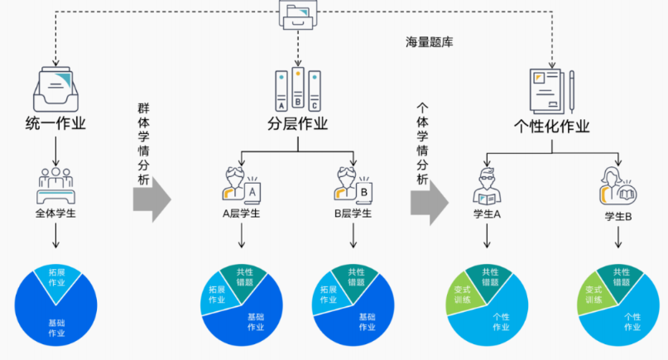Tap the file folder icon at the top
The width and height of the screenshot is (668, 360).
297,14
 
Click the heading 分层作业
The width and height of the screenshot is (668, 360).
297,125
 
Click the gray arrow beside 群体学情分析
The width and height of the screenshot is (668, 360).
155,199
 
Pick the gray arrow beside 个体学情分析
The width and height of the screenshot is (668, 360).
431,199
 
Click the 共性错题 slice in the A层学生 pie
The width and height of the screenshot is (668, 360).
244,276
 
